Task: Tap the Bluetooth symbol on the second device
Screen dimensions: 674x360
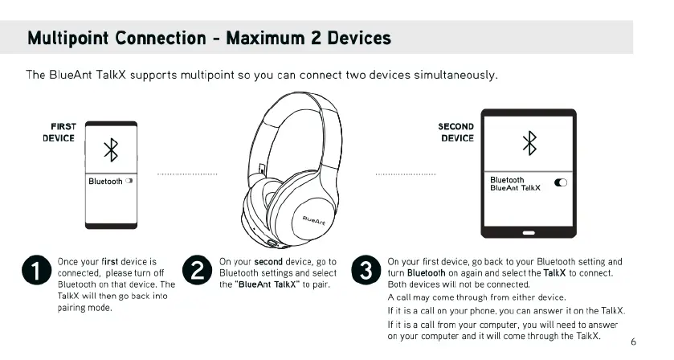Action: point(529,143)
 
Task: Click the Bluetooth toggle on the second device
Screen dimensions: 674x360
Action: point(561,183)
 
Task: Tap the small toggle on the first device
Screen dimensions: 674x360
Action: point(129,182)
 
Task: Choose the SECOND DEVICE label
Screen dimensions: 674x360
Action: point(455,132)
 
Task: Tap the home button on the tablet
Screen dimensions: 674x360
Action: point(528,232)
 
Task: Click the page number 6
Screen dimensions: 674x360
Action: point(633,342)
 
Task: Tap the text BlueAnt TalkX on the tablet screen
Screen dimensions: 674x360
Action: point(515,188)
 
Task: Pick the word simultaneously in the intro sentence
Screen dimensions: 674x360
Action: point(455,75)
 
